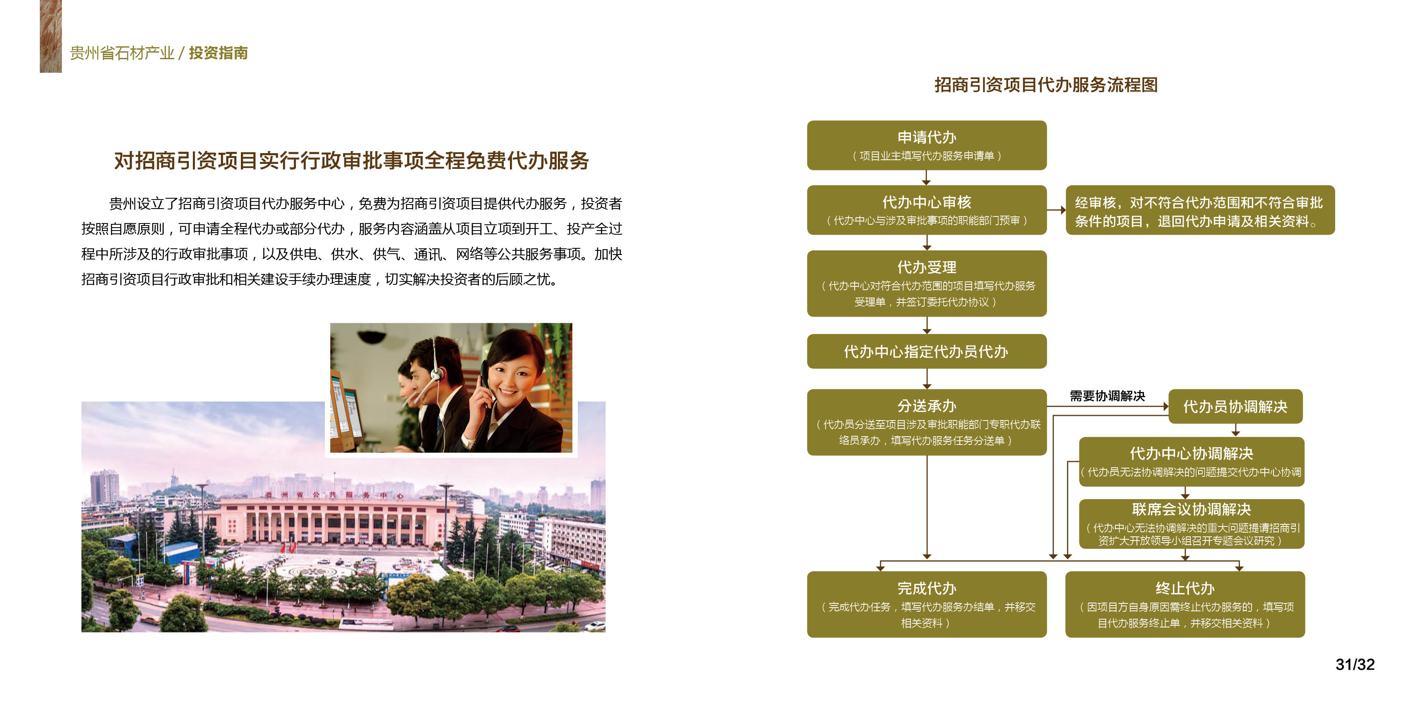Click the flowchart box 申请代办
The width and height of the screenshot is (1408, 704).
[927, 145]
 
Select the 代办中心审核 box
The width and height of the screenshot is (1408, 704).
[927, 210]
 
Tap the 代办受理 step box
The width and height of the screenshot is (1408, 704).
[927, 283]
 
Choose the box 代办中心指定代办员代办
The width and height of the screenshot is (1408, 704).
[927, 351]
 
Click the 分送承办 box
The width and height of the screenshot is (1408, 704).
[927, 422]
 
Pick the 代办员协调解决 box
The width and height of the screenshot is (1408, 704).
[1235, 406]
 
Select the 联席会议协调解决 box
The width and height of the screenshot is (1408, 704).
[1192, 524]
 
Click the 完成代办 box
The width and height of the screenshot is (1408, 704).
[927, 604]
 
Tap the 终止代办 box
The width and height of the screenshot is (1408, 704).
[1185, 604]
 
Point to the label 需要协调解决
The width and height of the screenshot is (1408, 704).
[1108, 396]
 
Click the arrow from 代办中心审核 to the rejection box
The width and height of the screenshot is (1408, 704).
[1057, 210]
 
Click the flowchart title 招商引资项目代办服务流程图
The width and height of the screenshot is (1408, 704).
[1045, 85]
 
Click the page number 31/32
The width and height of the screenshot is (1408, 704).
[1355, 664]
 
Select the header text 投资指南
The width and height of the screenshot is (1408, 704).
[218, 53]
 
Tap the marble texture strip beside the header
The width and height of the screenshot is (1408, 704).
[51, 36]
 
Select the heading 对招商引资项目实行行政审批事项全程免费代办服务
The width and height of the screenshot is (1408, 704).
[351, 161]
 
